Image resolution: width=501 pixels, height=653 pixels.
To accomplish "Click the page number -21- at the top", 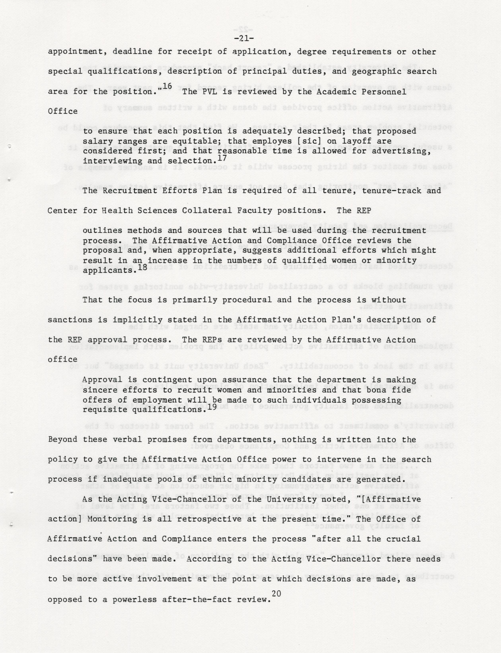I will click(244, 38).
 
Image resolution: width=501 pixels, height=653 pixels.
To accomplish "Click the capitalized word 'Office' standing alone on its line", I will click(63, 111).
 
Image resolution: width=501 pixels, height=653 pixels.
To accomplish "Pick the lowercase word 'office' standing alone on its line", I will click(63, 359).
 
